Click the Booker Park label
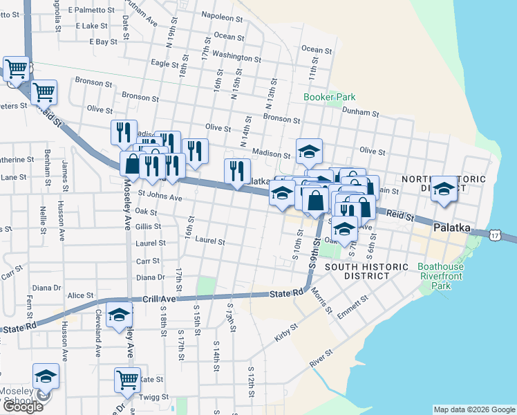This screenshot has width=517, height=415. [329, 97]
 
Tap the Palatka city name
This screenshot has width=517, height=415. [452, 228]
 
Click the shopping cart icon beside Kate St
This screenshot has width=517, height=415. [127, 379]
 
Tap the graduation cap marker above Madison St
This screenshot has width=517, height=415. [310, 150]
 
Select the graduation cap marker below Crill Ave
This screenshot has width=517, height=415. [119, 316]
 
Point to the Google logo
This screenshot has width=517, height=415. [22, 407]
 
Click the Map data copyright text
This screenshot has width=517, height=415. [473, 409]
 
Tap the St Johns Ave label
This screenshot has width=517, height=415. [160, 198]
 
